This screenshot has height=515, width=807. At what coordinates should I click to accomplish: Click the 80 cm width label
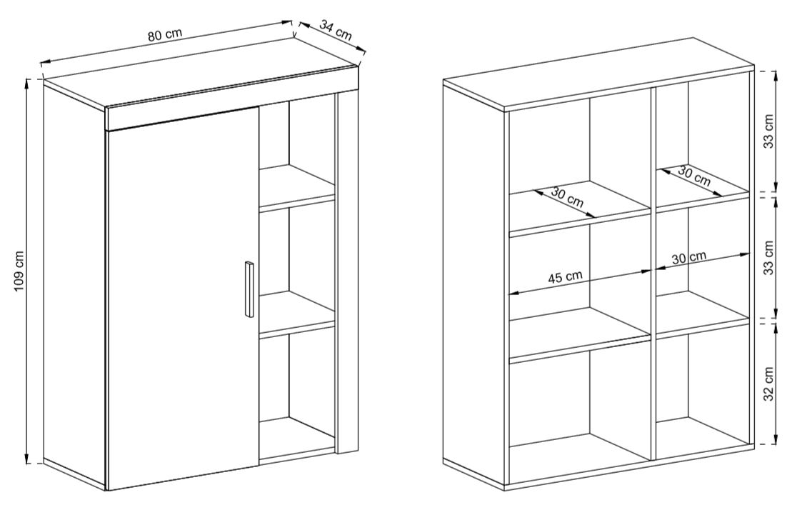pos(165,34)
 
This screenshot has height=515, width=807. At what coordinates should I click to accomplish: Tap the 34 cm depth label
pos(336,30)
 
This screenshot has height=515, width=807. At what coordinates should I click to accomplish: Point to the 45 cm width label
pos(565,278)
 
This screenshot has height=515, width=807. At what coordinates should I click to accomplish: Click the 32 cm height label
pos(768,384)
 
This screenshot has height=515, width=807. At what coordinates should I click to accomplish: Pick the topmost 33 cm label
pos(768,131)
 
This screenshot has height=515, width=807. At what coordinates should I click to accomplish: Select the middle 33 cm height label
pos(768,257)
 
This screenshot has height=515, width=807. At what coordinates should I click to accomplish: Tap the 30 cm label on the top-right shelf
pos(693,176)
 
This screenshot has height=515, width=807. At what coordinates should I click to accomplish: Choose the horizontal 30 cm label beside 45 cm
pos(689,257)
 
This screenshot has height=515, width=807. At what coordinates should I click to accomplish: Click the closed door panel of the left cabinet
pos(181,302)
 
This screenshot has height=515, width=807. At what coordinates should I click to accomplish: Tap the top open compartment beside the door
pos(297,154)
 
